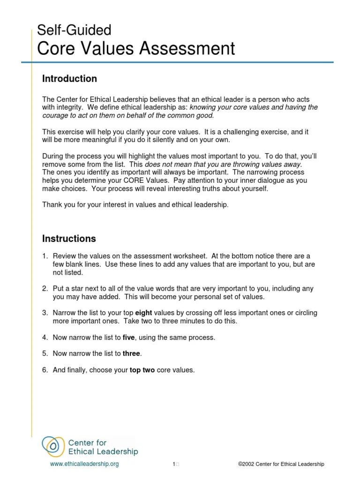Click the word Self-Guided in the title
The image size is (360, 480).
(74, 31)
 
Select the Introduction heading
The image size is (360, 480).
(69, 79)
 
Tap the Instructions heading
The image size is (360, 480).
(69, 239)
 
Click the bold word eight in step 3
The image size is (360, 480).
(143, 312)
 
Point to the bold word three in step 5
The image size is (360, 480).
(132, 353)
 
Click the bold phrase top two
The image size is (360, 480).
(142, 370)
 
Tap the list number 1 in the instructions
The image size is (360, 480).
(45, 256)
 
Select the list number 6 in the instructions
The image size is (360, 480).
(45, 370)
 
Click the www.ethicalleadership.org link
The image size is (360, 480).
(84, 464)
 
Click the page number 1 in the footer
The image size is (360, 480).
(173, 464)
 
